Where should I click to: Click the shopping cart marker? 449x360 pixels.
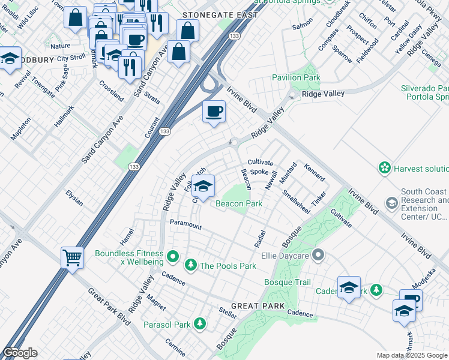pos(72,258)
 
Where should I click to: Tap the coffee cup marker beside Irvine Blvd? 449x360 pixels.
pos(214,111)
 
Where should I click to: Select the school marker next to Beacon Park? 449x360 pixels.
pos(203,186)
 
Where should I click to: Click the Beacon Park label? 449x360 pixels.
pos(239,204)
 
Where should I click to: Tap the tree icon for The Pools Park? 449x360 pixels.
pos(191,265)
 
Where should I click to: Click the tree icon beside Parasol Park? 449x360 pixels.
pos(199,325)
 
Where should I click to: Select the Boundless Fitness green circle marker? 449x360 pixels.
pos(173,257)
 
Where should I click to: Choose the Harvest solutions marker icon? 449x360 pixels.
pos(384,169)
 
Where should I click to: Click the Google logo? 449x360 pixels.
pos(20,353)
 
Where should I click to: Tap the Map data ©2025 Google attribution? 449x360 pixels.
pos(411,355)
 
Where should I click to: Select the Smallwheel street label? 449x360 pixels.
pos(295,202)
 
